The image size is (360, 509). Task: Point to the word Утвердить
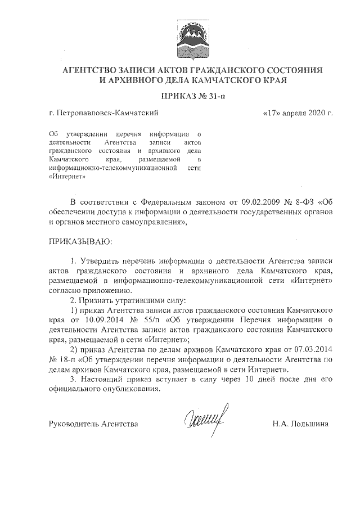click(101, 262)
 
